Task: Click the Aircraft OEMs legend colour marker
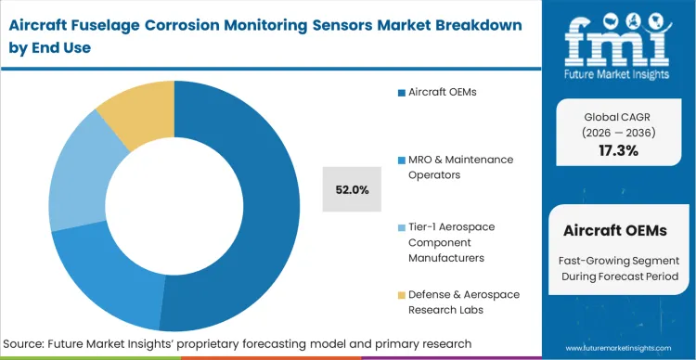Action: pos(401,92)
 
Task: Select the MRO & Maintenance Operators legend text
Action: pos(461,166)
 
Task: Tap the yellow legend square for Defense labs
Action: pos(401,294)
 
